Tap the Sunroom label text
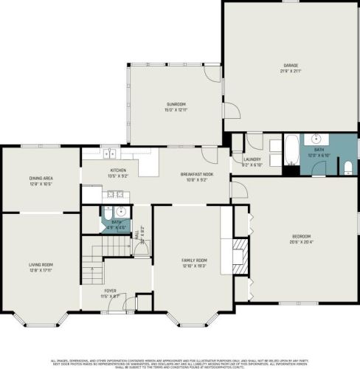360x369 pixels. (175, 104)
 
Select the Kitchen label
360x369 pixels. (119, 170)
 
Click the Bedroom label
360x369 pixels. (301, 236)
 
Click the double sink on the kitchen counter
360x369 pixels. (108, 154)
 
